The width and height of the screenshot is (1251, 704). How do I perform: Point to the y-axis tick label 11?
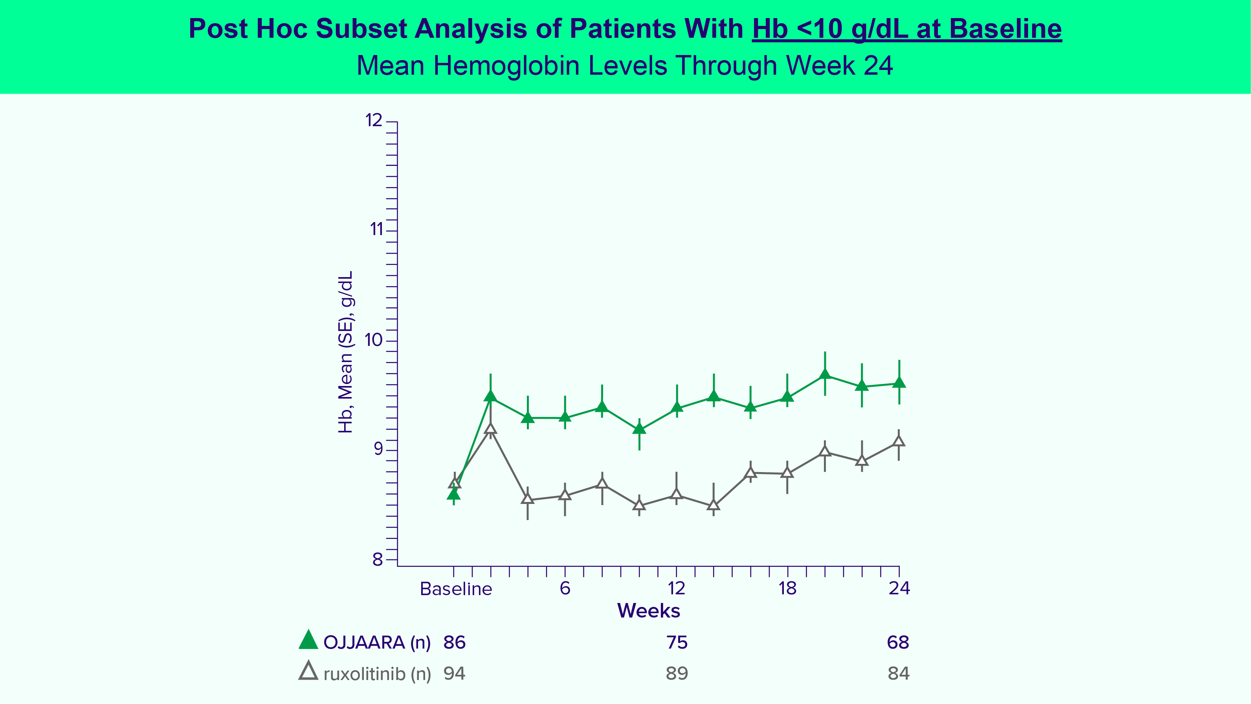click(x=376, y=229)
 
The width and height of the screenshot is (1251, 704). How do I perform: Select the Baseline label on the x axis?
click(x=455, y=589)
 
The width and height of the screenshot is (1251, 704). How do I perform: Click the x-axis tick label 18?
click(x=787, y=588)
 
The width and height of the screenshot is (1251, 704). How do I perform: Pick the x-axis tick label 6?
click(x=565, y=588)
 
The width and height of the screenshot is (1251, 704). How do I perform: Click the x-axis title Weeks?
click(x=648, y=611)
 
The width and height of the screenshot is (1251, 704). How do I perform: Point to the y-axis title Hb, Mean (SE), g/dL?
click(x=345, y=352)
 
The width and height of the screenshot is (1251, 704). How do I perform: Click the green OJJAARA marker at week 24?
click(x=899, y=382)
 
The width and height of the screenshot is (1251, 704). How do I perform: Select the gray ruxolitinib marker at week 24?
click(x=899, y=441)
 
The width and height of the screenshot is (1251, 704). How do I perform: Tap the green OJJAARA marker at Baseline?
click(x=453, y=494)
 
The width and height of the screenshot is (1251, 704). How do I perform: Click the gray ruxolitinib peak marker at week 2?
click(x=490, y=428)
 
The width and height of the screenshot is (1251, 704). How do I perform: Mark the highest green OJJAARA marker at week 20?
click(x=825, y=374)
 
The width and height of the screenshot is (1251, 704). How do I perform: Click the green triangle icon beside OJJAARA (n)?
click(x=308, y=640)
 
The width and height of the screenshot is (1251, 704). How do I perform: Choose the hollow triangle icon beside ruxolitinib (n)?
click(x=308, y=671)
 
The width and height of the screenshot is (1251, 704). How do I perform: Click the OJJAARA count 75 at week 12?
click(x=677, y=642)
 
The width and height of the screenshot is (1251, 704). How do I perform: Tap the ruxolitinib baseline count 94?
click(x=454, y=673)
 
